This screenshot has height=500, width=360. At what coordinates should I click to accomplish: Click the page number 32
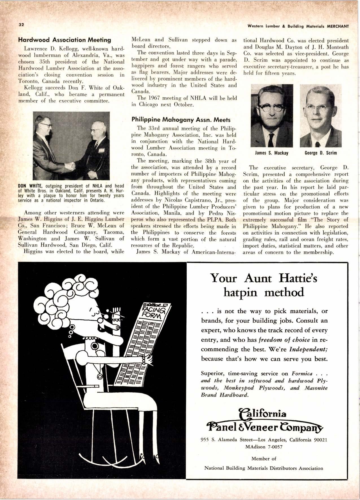(x=21, y=24)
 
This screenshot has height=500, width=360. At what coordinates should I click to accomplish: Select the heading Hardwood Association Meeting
(x=64, y=40)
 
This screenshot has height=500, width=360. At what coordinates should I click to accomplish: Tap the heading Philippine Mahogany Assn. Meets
(x=181, y=120)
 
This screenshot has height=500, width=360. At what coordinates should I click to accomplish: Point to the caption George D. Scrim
(x=321, y=153)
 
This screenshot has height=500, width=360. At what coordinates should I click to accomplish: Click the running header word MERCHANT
(x=338, y=26)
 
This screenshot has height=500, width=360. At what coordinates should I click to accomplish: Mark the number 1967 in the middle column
(x=153, y=98)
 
